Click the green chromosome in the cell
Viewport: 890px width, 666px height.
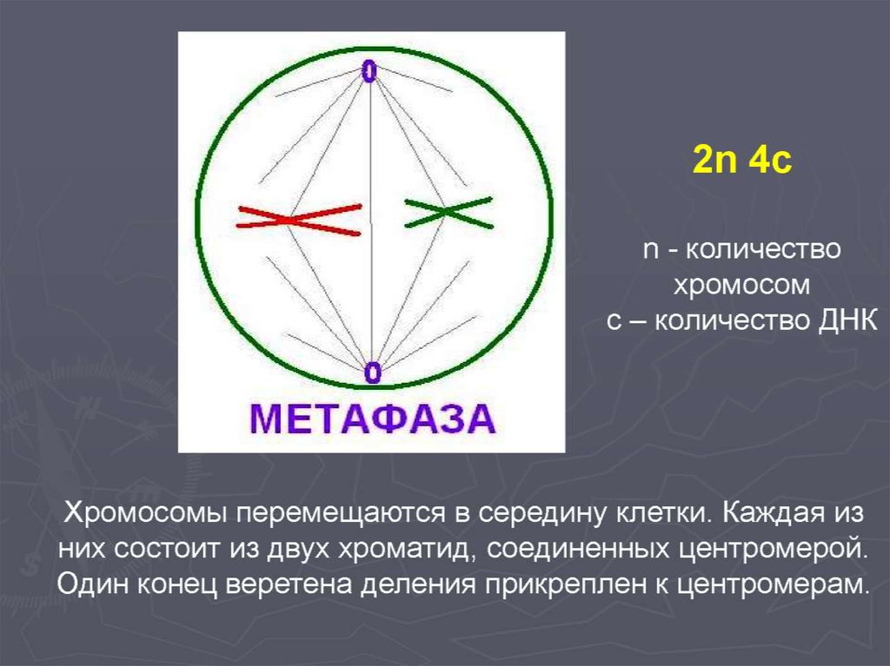tap(448, 212)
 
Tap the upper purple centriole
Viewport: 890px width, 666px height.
tap(369, 71)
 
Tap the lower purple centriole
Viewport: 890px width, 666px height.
tap(372, 373)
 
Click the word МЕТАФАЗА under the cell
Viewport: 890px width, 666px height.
tap(372, 419)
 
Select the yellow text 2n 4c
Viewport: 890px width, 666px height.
tap(741, 160)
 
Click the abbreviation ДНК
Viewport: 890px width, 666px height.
tap(847, 321)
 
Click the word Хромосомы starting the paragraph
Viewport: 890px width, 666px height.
tap(146, 514)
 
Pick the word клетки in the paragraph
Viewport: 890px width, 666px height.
tap(661, 513)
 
